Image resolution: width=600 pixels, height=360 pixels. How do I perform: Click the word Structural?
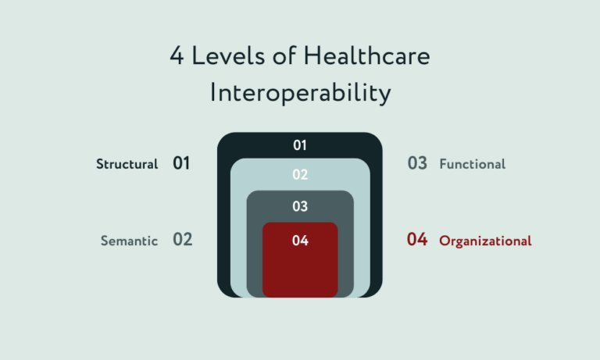tap(127, 164)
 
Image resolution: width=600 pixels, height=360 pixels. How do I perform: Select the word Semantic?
tap(129, 241)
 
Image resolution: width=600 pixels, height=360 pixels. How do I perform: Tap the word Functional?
tap(472, 164)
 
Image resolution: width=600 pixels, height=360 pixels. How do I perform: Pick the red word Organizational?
tap(485, 241)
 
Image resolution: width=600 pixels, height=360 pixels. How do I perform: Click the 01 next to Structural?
tap(181, 164)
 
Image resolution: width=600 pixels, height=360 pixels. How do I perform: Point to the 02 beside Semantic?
tap(182, 240)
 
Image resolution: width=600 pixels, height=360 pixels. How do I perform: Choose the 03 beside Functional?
tap(417, 164)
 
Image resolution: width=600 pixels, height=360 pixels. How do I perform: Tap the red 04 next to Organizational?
tap(417, 240)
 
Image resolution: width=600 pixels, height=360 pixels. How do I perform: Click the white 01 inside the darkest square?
tap(300, 145)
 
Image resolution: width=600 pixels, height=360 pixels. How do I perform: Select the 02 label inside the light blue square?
tap(300, 175)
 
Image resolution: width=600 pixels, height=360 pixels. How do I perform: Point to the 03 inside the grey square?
tap(300, 207)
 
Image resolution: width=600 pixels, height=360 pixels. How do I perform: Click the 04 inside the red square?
tap(300, 241)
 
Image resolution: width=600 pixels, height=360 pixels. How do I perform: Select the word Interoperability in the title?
tap(300, 93)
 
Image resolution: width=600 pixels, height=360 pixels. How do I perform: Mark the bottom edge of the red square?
tap(300, 297)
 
